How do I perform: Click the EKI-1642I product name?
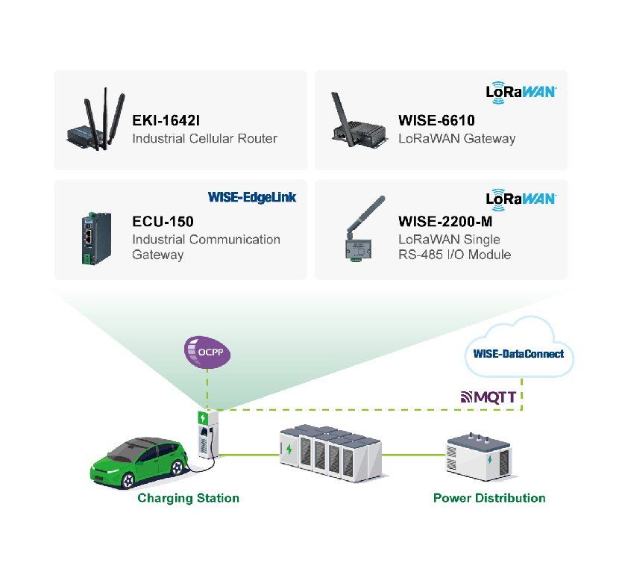[x=166, y=120]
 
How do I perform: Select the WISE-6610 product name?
[x=436, y=120]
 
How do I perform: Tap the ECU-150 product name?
[x=163, y=221]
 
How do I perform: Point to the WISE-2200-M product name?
[x=445, y=221]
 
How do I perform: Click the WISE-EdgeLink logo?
[x=252, y=197]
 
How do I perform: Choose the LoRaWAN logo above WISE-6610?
[x=521, y=93]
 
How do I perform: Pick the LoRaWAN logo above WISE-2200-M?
[x=521, y=199]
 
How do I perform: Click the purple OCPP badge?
[x=207, y=352]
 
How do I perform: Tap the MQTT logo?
[x=489, y=396]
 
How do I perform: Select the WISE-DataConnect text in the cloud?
[x=518, y=353]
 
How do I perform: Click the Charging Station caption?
[x=188, y=498]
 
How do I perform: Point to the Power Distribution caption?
[x=489, y=498]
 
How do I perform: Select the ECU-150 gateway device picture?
[x=96, y=238]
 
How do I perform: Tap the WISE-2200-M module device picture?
[x=362, y=231]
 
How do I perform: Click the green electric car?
[x=139, y=463]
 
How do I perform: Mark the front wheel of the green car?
[x=128, y=481]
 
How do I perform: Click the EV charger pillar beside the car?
[x=208, y=435]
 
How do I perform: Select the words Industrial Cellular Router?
[x=204, y=138]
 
